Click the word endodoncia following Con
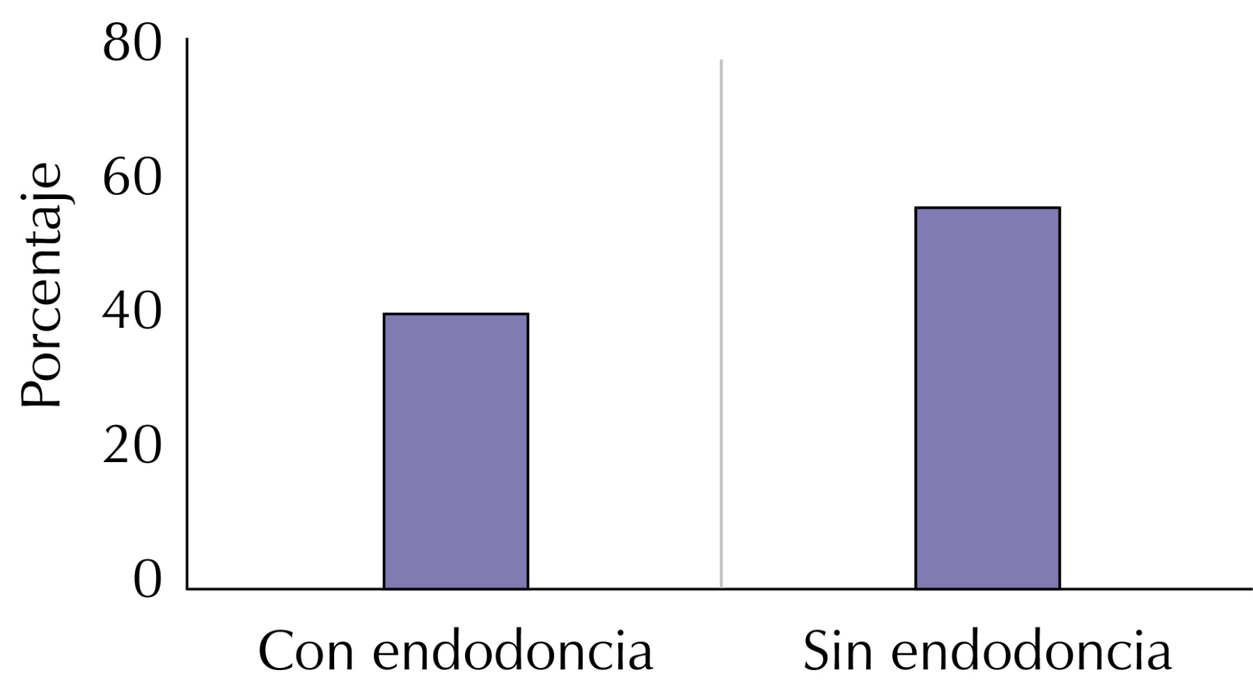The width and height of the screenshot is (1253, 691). pyautogui.click(x=513, y=652)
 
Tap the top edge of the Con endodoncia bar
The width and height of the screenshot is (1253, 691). pyautogui.click(x=456, y=315)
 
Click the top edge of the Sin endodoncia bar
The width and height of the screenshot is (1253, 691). pyautogui.click(x=987, y=208)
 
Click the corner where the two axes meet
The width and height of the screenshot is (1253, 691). pyautogui.click(x=187, y=589)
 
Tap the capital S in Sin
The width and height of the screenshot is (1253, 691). pyautogui.click(x=819, y=652)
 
